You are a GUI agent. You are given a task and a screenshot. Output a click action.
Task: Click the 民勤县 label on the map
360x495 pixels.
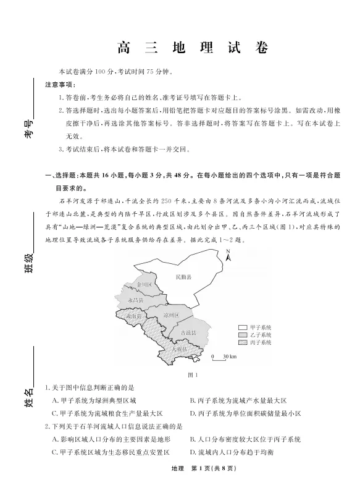point(183,277)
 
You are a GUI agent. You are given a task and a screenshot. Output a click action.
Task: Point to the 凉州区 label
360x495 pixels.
point(170,316)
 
